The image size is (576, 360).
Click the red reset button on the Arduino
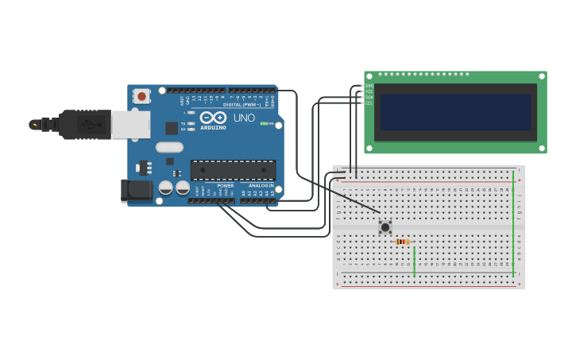tap(141, 96)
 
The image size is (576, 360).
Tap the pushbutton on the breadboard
tap(385, 227)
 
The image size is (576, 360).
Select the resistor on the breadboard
tap(402, 242)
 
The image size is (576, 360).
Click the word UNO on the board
tap(244, 118)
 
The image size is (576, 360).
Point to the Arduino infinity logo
tap(213, 118)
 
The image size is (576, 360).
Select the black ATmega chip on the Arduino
tap(233, 169)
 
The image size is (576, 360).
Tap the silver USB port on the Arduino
tap(130, 124)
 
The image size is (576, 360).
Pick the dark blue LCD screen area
tap(455, 112)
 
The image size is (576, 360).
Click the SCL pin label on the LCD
tap(369, 103)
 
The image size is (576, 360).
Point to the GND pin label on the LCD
tap(369, 85)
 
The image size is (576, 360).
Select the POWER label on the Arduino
tap(226, 186)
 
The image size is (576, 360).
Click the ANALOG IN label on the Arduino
tap(261, 186)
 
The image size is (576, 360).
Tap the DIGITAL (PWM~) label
tap(242, 104)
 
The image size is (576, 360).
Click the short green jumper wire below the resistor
tap(414, 261)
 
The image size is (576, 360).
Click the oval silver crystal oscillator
tap(169, 147)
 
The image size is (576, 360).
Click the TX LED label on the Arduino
tap(184, 123)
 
